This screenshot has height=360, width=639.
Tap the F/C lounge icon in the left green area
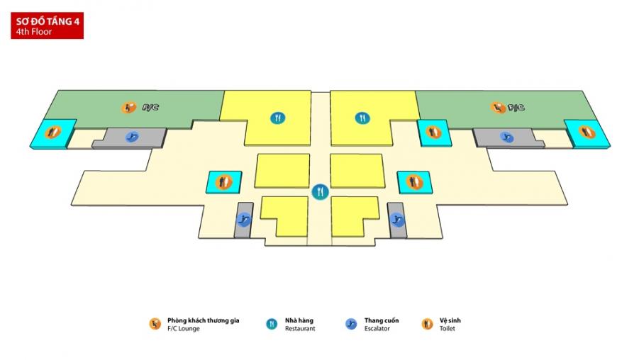tap(130, 108)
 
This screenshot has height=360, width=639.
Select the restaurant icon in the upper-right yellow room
tap(362, 118)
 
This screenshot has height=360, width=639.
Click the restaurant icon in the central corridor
tap(320, 191)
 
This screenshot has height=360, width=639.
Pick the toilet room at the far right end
tap(586, 132)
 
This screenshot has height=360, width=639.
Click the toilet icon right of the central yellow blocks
tap(415, 182)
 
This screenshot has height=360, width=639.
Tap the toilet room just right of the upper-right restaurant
tap(433, 133)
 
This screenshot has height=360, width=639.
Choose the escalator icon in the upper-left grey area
tap(132, 137)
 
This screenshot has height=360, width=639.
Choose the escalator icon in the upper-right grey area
tap(506, 137)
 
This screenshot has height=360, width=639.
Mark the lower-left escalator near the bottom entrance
tap(244, 220)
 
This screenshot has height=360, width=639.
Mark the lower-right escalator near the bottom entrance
tap(396, 220)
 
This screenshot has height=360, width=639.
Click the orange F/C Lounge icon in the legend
tap(155, 324)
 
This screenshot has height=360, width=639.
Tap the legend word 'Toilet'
tap(448, 329)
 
